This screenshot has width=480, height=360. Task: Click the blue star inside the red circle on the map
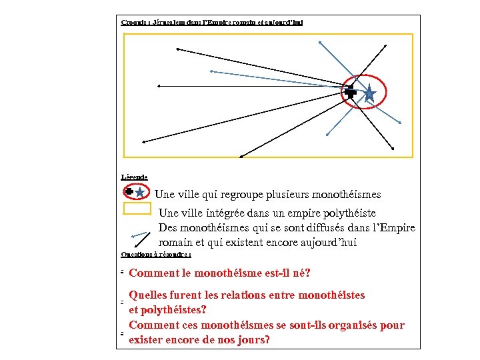370,95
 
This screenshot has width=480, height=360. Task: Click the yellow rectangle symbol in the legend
137,209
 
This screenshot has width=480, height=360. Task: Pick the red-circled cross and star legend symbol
135,192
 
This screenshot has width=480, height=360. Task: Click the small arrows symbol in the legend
139,235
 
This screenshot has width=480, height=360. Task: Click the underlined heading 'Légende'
135,177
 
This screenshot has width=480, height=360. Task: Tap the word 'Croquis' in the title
134,22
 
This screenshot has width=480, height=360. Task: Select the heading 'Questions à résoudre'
156,254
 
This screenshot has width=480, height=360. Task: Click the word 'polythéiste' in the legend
369,213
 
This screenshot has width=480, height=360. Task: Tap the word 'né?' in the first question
301,273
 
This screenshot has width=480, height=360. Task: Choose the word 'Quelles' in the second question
151,295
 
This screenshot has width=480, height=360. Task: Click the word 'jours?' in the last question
253,340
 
